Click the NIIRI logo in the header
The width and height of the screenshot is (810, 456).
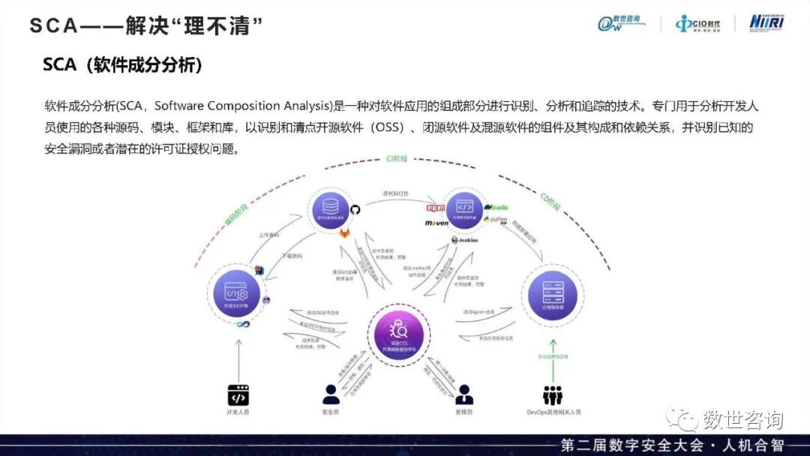coord(767,22)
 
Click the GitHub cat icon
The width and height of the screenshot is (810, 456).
coord(355,210)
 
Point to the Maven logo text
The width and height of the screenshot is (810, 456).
coord(436,223)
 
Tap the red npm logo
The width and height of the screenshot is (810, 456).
coord(435,208)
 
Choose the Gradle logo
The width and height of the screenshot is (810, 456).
coord(496,207)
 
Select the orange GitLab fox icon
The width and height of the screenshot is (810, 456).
coord(345,234)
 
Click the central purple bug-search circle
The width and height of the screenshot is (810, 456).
coord(398,331)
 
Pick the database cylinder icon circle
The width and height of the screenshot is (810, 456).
coord(331,207)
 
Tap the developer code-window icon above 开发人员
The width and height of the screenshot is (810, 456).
coord(238,394)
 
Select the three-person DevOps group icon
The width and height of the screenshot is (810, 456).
coord(553,394)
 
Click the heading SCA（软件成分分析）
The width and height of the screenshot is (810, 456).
coord(122,66)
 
